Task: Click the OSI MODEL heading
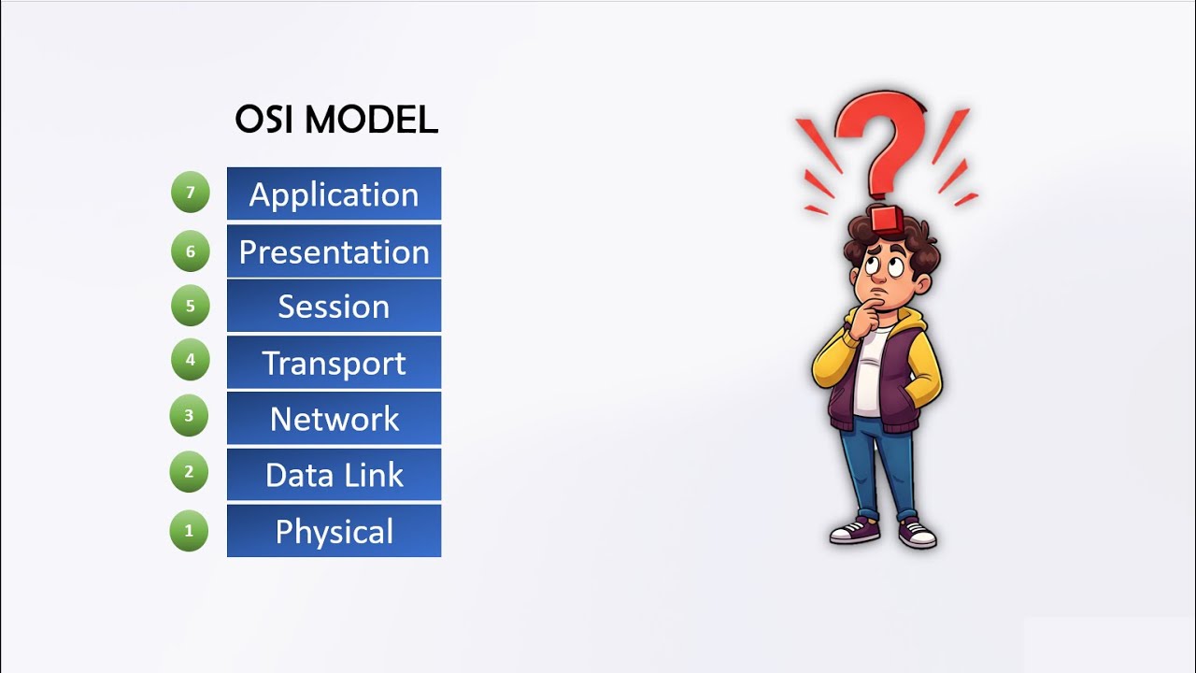335,120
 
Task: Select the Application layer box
334,194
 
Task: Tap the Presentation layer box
334,251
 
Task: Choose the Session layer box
334,307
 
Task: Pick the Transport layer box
334,363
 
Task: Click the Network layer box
334,419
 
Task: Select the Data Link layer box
334,475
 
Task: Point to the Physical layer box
334,531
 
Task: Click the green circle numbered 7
191,193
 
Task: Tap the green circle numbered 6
191,251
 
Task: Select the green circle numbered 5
191,305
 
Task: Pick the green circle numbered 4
191,360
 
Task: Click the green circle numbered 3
189,416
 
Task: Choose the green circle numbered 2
189,472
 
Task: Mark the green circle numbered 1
189,531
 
